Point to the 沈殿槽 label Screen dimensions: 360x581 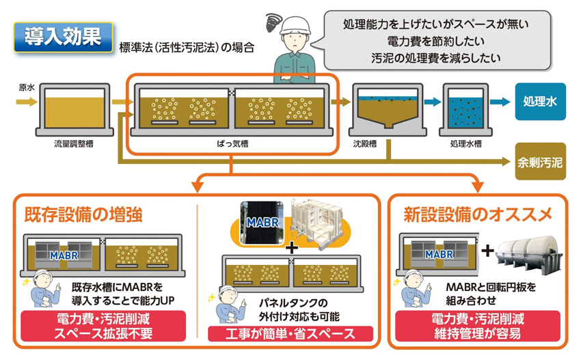[366, 145]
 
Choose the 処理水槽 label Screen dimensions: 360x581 [467, 145]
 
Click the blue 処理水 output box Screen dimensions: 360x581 [540, 102]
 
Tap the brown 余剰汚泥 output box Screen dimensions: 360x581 [540, 163]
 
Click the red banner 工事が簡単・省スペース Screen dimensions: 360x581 [290, 334]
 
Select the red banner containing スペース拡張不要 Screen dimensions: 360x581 [104, 327]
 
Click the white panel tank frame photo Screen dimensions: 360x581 [320, 222]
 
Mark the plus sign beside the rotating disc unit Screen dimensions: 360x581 [487, 251]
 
